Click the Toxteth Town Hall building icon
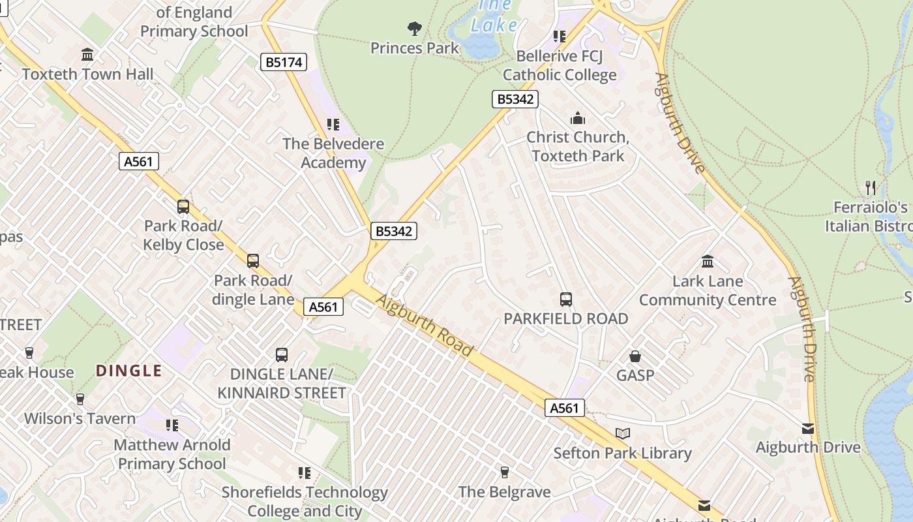87,54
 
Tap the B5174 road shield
284,62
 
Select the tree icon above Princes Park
414,28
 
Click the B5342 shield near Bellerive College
515,99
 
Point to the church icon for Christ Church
577,118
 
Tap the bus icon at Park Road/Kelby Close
183,207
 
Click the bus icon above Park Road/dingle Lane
253,261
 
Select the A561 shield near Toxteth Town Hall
139,161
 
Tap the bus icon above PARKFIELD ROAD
566,299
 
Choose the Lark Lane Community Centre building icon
708,262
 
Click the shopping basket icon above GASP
635,356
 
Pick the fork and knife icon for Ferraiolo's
871,188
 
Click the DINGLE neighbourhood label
129,371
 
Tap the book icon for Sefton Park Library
623,433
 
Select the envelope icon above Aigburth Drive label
808,429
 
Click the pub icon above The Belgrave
504,472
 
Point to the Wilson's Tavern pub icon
80,399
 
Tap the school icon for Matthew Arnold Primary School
172,425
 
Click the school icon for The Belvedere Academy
333,124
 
